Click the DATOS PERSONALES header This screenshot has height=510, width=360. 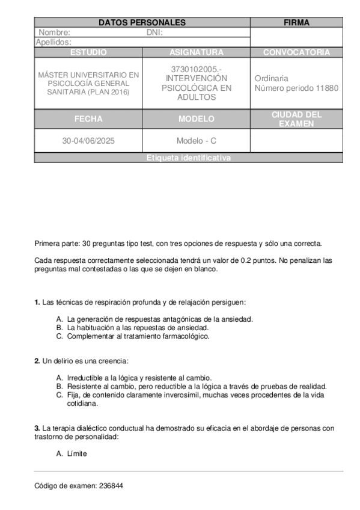142,23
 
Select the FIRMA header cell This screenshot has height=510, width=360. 296,23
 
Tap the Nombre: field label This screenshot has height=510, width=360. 55,32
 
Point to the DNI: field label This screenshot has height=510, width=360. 155,32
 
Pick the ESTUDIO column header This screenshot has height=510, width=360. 88,52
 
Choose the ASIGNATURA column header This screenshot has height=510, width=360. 197,52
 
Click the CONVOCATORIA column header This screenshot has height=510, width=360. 296,52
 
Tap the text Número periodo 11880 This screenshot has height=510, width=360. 296,88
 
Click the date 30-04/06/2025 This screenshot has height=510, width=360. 88,141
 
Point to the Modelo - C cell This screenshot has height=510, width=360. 197,141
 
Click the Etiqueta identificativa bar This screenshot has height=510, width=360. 189,158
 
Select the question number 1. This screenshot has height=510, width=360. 37,302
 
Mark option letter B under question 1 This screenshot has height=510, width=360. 59,328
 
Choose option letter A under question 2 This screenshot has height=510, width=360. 59,377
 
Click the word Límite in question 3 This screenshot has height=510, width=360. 78,453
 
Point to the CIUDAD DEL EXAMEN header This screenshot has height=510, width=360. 296,119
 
